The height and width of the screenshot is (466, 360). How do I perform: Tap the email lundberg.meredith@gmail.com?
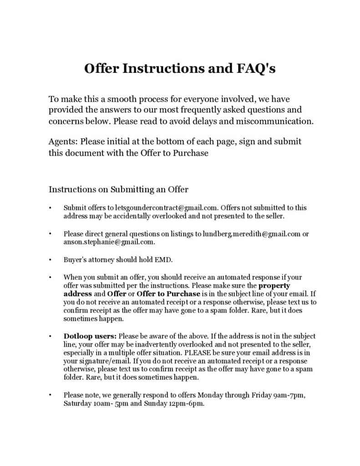252,234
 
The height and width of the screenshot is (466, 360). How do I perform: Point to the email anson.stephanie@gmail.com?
109,242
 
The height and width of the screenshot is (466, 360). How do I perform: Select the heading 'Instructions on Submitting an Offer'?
118,189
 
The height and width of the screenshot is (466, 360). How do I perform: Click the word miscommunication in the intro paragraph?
279,122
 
